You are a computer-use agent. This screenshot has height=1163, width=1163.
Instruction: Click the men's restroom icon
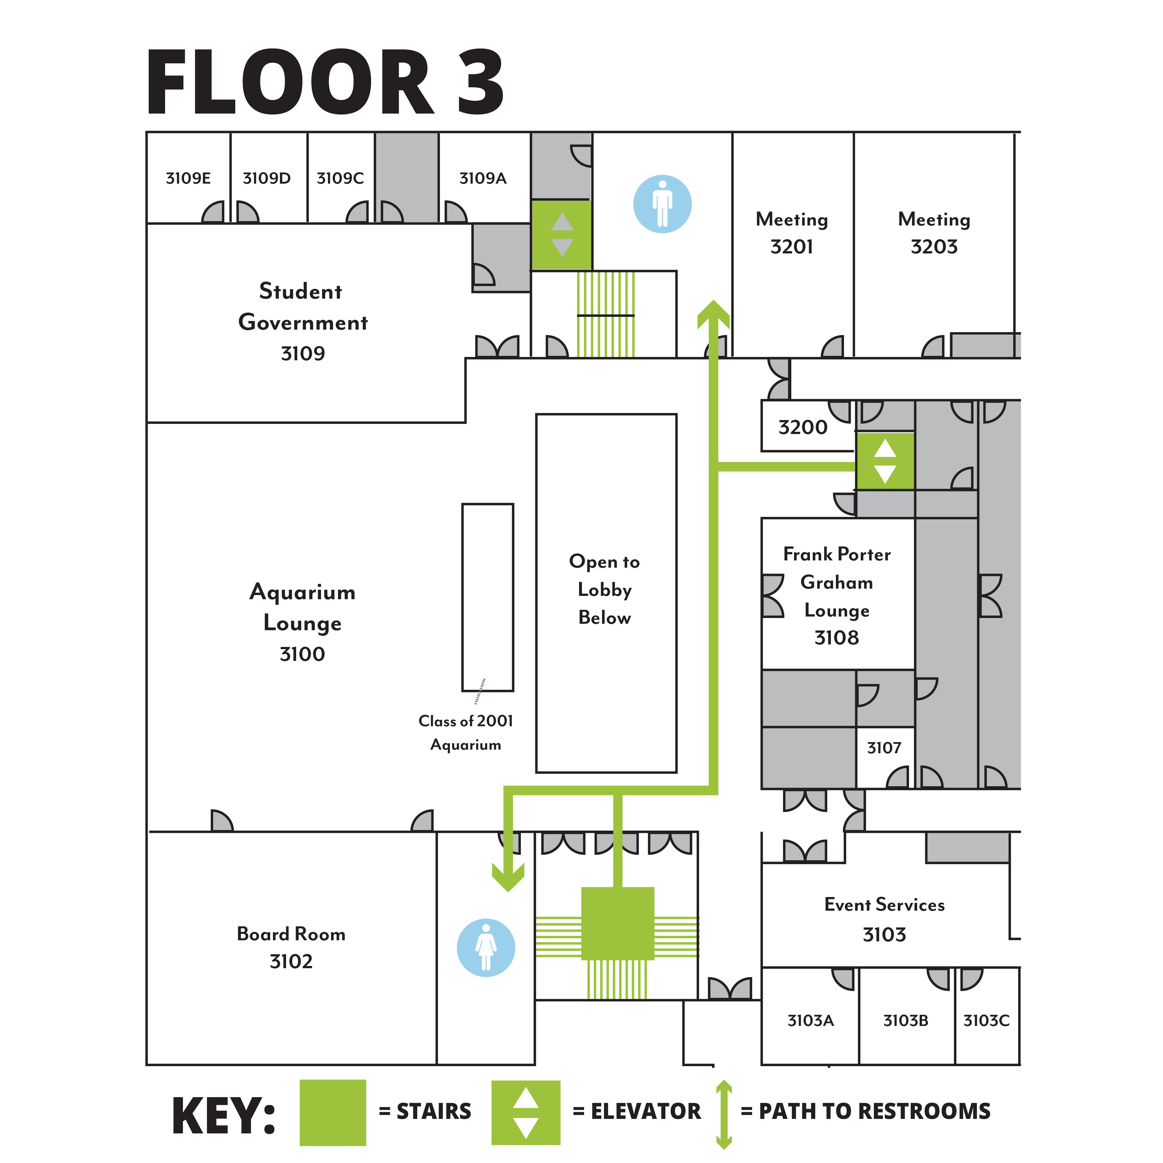click(x=662, y=204)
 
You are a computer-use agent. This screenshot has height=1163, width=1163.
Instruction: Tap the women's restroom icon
click(x=486, y=948)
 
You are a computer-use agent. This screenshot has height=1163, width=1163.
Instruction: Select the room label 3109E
click(x=188, y=178)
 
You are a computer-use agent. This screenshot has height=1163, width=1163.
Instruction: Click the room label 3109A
click(x=483, y=178)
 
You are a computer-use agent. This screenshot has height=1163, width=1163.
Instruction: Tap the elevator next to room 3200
click(x=885, y=461)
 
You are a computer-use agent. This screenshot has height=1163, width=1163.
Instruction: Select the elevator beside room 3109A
click(x=562, y=235)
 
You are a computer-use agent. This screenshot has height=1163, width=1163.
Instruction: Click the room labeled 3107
click(x=884, y=748)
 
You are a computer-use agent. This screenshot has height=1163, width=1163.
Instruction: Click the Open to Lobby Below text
click(x=604, y=589)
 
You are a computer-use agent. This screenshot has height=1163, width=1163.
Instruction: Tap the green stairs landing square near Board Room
click(x=618, y=923)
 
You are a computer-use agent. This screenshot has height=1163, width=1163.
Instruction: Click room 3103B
click(x=905, y=1020)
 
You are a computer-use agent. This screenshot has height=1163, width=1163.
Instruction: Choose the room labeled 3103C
click(x=986, y=1020)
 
